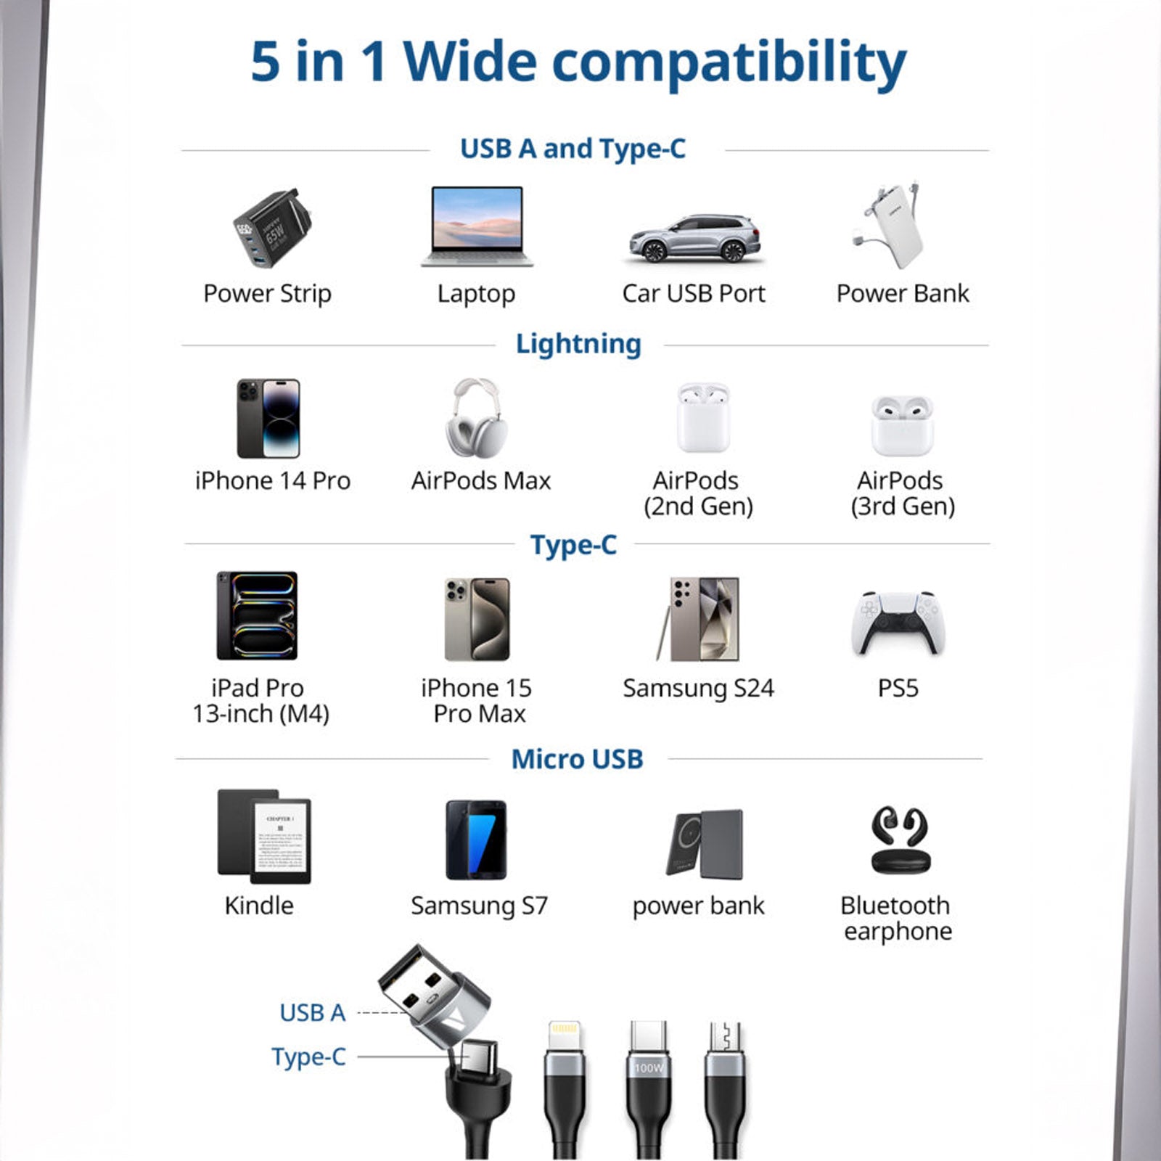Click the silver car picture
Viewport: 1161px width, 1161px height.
tap(694, 238)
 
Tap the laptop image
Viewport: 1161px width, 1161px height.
tap(477, 226)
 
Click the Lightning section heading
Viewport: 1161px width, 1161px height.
tap(578, 344)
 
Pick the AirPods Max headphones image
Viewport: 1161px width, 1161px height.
tap(476, 418)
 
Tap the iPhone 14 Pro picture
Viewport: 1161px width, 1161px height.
tap(268, 418)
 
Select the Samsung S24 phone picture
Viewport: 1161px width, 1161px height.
tap(698, 619)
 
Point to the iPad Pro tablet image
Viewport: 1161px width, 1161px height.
tap(257, 615)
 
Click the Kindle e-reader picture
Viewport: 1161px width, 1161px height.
tap(264, 837)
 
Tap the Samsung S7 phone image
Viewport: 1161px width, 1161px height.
tap(476, 840)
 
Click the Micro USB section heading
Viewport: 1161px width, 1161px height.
tap(578, 759)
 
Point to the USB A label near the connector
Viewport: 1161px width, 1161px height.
tap(313, 1013)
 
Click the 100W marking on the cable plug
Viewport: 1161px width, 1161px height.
tap(649, 1067)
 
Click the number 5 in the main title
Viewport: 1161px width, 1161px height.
tap(266, 62)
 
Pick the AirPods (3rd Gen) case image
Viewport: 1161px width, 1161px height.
tap(902, 425)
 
